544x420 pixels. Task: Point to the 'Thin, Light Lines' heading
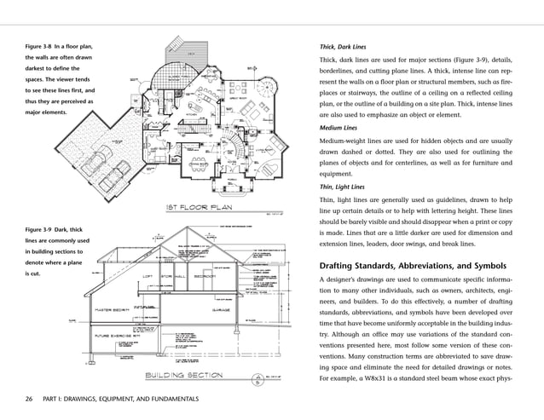343,187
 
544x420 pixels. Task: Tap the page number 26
29,399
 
